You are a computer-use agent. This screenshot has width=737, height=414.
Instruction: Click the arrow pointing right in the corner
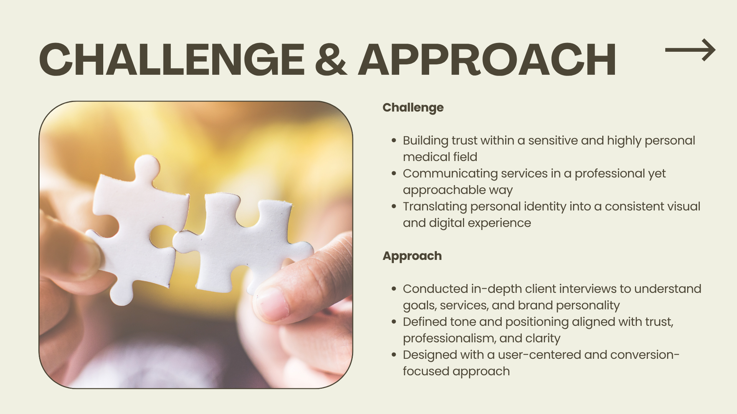click(x=690, y=50)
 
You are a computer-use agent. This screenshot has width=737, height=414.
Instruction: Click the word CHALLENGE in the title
click(x=172, y=59)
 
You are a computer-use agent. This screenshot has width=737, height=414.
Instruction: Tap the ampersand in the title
click(x=331, y=59)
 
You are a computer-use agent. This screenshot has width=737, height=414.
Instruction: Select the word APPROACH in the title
click(x=487, y=59)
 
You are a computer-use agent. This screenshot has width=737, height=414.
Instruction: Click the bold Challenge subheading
click(x=413, y=108)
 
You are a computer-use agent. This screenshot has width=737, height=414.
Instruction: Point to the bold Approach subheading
click(x=412, y=256)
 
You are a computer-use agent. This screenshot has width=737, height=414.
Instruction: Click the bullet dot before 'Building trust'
click(x=394, y=141)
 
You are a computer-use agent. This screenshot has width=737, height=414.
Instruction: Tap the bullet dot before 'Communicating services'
click(x=394, y=174)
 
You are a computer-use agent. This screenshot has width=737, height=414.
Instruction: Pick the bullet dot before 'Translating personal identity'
click(x=394, y=207)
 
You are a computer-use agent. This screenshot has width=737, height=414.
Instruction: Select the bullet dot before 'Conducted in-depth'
click(x=394, y=289)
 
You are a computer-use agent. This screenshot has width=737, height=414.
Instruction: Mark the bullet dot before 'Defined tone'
click(x=394, y=322)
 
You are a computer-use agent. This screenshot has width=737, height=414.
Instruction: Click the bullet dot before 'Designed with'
click(x=394, y=355)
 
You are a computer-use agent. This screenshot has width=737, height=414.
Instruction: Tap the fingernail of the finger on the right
click(x=272, y=304)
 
